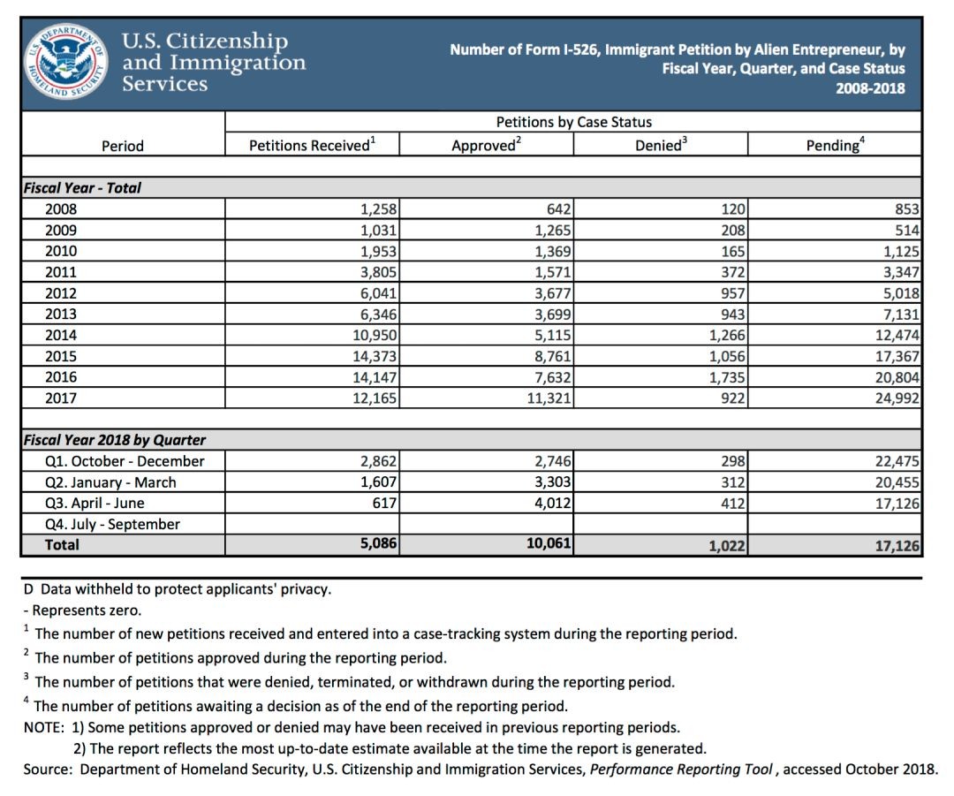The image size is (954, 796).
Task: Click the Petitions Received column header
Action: point(312,145)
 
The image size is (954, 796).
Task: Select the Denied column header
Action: point(659,145)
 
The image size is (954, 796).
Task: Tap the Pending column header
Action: point(835,145)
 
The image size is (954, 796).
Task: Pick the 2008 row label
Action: point(61,209)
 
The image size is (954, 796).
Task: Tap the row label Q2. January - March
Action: point(110,482)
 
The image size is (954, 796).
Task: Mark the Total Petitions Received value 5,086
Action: point(378,545)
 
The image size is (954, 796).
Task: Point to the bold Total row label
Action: point(62,545)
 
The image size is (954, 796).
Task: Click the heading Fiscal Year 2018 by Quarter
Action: point(115,440)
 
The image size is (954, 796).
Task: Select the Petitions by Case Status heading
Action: point(573,122)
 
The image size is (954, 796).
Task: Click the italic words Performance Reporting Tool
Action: point(682,769)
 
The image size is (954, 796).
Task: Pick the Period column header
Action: point(123,146)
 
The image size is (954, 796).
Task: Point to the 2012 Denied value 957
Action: point(732,293)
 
